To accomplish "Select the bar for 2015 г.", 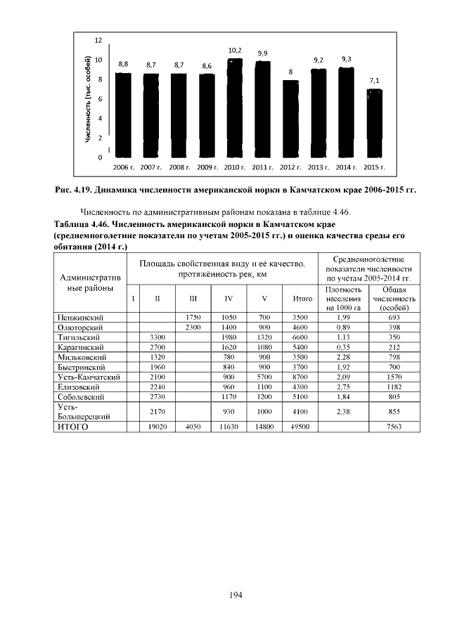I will [375, 123].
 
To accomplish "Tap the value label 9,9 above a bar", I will [262, 53].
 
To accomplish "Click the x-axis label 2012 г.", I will [290, 168].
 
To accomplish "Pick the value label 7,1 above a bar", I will [375, 81].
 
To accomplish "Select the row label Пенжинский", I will [81, 318].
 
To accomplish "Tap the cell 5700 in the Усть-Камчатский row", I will [264, 377].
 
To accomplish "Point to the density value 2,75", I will [343, 387].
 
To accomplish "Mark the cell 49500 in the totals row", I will [302, 425].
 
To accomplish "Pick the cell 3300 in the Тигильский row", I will [157, 337].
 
